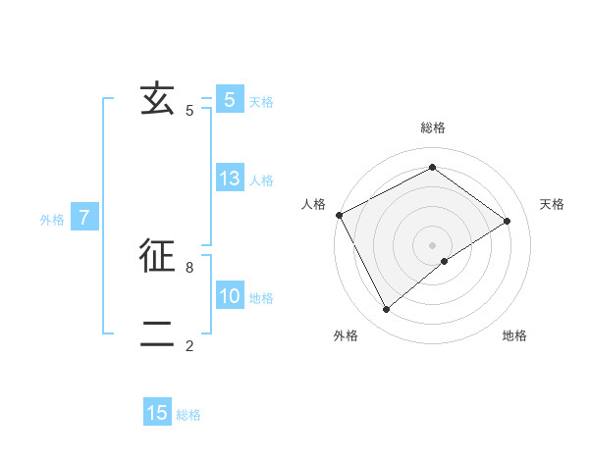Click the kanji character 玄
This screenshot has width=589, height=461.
157,99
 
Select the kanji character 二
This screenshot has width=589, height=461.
157,335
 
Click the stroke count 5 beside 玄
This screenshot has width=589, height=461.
189,111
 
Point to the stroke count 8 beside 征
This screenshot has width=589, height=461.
189,267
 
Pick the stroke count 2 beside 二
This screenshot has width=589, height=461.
189,346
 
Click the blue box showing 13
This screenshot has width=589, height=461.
230,179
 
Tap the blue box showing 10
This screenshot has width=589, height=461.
230,296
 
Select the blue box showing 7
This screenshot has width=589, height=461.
84,218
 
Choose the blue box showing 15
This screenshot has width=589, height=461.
157,413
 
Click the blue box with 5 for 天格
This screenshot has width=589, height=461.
230,99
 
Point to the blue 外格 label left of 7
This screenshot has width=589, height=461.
52,220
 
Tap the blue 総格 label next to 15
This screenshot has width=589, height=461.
188,415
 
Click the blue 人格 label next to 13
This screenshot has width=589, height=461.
261,180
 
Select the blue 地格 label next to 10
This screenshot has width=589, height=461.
261,298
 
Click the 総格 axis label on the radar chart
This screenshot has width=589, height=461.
432,128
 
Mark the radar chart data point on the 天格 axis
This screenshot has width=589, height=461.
508,221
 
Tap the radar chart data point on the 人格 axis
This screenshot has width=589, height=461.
339,215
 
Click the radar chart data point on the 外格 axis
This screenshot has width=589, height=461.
387,310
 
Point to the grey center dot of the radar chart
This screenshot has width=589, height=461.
432,244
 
